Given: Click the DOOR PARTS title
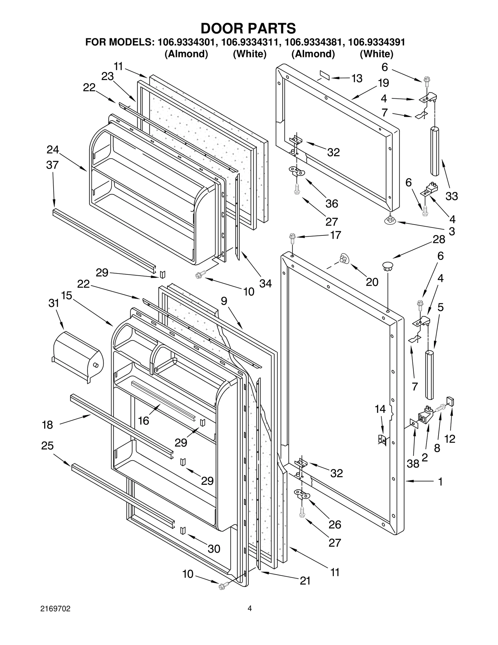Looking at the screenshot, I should [248, 28].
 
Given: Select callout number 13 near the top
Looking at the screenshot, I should [357, 78].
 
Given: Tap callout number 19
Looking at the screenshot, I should [383, 83].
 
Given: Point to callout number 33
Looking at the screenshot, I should [451, 196].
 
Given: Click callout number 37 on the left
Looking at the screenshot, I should [52, 165].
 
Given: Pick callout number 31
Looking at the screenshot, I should [54, 303].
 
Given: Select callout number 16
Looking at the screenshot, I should [143, 421].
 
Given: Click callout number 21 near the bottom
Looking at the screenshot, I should [305, 581].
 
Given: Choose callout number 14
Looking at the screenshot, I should [380, 409].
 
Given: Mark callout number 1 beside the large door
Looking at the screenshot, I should [440, 482].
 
